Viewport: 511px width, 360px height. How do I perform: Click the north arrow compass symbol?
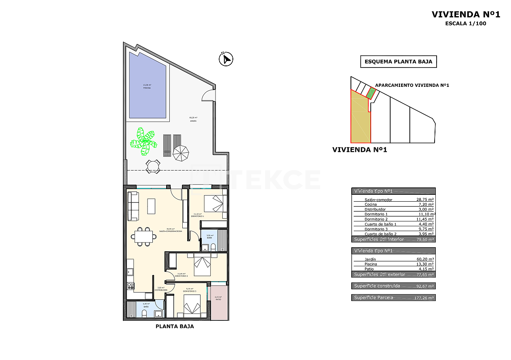[226, 59]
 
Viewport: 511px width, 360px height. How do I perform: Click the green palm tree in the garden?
[144, 141]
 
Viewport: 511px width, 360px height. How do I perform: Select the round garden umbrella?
[181, 153]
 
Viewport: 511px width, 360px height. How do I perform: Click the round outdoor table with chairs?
[153, 166]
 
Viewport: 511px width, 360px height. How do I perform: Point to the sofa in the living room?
[133, 206]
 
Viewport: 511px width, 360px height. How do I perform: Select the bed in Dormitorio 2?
[202, 264]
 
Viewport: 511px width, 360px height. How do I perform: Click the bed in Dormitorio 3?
[192, 305]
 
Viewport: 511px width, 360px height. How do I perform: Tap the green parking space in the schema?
[371, 93]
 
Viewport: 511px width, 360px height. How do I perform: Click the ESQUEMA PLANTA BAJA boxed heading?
[398, 62]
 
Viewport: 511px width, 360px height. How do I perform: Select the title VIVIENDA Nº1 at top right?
[466, 15]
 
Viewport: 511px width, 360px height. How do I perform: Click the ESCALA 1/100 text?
[466, 23]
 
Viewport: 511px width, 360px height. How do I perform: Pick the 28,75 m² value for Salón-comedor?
[425, 200]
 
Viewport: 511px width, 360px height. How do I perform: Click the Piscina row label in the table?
[371, 264]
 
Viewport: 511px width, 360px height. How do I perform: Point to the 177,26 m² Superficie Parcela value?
[424, 298]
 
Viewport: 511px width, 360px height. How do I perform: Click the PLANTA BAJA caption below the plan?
[175, 326]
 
